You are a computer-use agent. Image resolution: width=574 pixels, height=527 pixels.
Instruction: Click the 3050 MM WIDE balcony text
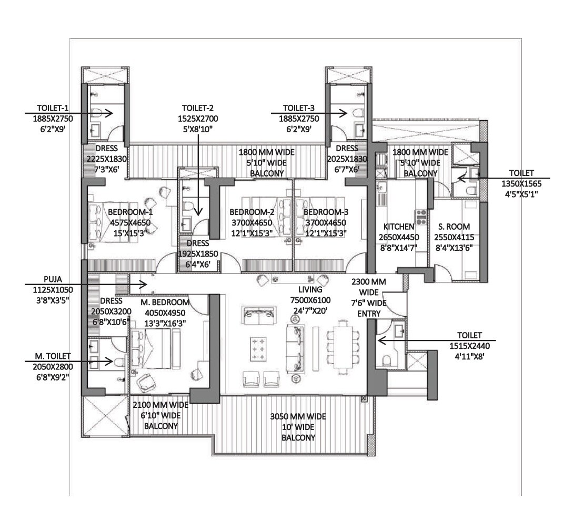[298, 417]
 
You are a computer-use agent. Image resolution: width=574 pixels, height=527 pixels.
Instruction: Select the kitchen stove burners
[421, 217]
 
